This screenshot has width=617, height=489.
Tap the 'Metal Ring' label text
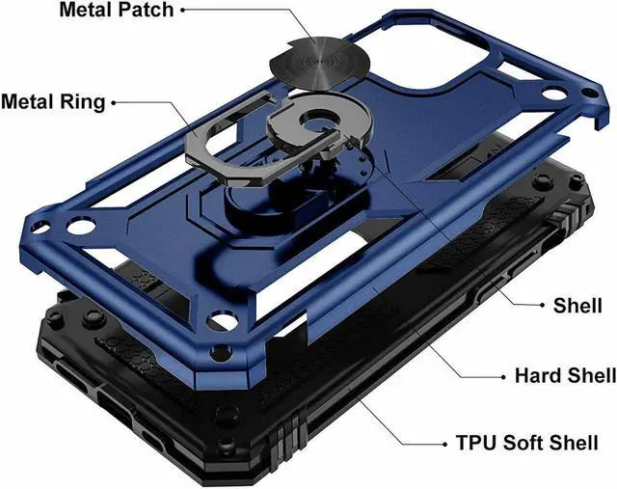pos(54,101)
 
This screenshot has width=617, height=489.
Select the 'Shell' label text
pos(577,306)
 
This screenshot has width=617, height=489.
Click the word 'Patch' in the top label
pos(146,12)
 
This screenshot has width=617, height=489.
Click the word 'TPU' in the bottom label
pos(475,445)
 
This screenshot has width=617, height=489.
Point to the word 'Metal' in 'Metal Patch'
pos(86,12)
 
